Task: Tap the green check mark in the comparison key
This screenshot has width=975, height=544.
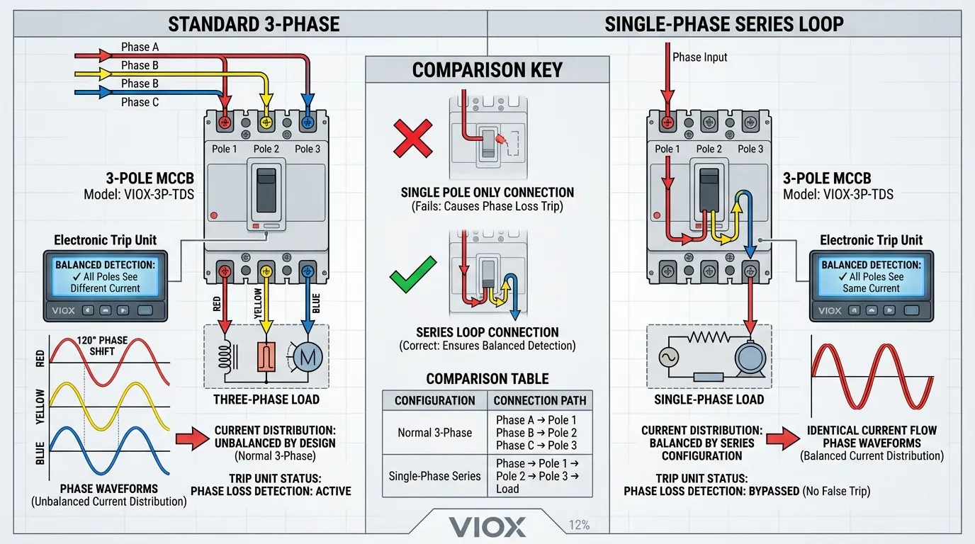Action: (x=413, y=276)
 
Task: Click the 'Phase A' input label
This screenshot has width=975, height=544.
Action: (x=140, y=47)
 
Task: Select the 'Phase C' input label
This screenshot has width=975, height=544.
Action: (x=140, y=102)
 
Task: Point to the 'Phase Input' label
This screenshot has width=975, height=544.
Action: (x=700, y=57)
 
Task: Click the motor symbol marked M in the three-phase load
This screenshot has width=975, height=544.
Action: (x=308, y=358)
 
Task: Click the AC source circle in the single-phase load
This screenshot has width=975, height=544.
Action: (x=670, y=358)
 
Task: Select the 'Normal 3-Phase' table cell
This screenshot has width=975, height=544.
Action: (x=435, y=432)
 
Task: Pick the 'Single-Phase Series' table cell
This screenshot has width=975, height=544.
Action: (x=435, y=476)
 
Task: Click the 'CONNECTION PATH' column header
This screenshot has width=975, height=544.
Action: (x=540, y=400)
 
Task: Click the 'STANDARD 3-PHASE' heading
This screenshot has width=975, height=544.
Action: (x=254, y=25)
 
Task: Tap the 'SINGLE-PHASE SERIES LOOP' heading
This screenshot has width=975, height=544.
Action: (x=723, y=25)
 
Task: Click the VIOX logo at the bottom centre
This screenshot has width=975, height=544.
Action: (x=487, y=526)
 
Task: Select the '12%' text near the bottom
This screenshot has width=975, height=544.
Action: (x=578, y=526)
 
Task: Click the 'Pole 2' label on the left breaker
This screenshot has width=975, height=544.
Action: (x=266, y=149)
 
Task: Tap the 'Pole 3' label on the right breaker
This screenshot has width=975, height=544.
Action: (x=750, y=149)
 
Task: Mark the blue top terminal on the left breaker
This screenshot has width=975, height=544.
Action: (x=308, y=122)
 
